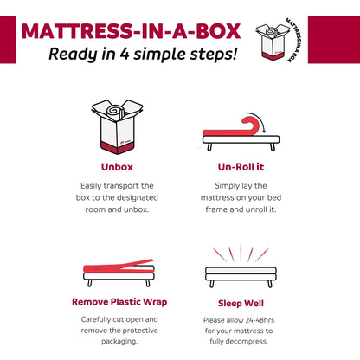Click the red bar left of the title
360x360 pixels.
click(7, 40)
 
